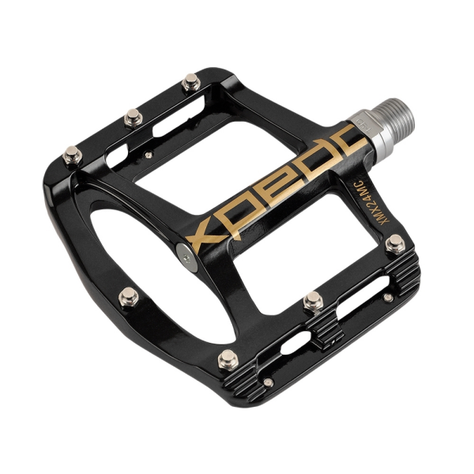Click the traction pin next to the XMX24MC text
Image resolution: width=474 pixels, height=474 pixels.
[394, 246]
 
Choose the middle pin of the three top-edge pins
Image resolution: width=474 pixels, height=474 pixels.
[134, 118]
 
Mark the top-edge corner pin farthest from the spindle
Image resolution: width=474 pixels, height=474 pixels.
[73, 154]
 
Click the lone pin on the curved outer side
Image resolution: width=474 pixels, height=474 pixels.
[128, 297]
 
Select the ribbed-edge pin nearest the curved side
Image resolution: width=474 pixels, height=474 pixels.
[228, 359]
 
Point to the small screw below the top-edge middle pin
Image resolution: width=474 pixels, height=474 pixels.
[149, 155]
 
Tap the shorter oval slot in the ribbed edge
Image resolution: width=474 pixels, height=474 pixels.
[295, 344]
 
